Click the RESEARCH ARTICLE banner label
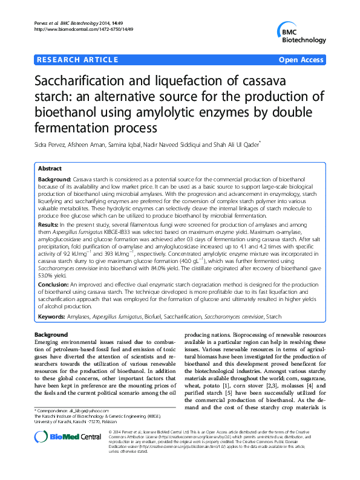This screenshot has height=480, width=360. pyautogui.click(x=77, y=60)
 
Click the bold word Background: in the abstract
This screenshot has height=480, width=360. pyautogui.click(x=54, y=181)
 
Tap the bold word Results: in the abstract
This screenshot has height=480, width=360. pyautogui.click(x=48, y=224)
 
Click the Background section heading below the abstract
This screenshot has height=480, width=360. pyautogui.click(x=51, y=334)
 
